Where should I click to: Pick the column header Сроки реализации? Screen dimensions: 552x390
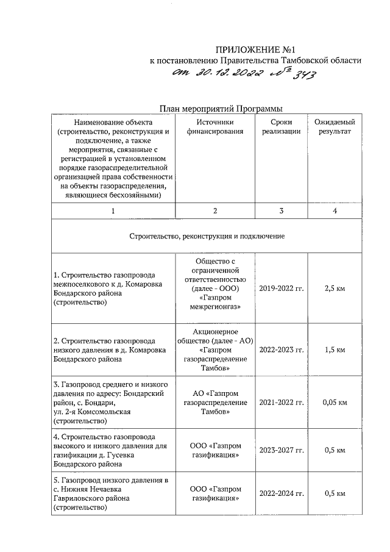tap(282, 127)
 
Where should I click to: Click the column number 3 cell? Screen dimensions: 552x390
tap(282, 210)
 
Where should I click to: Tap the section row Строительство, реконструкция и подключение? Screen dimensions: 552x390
tap(207, 235)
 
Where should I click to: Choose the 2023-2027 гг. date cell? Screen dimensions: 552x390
tap(282, 450)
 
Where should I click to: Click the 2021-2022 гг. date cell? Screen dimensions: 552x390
tap(282, 403)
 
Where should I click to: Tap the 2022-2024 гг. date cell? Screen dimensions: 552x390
tap(282, 493)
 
